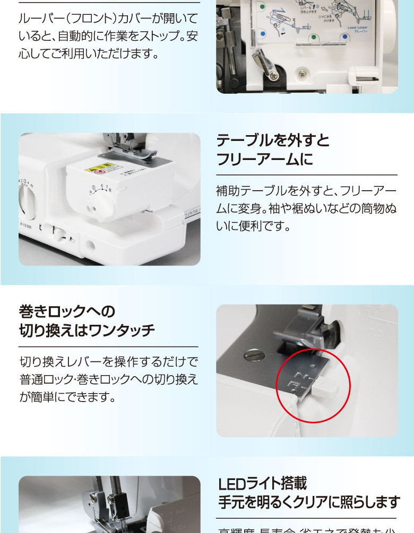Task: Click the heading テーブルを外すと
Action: (273, 141)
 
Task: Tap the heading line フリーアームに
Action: (264, 159)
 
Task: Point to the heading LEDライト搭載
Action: (263, 484)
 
